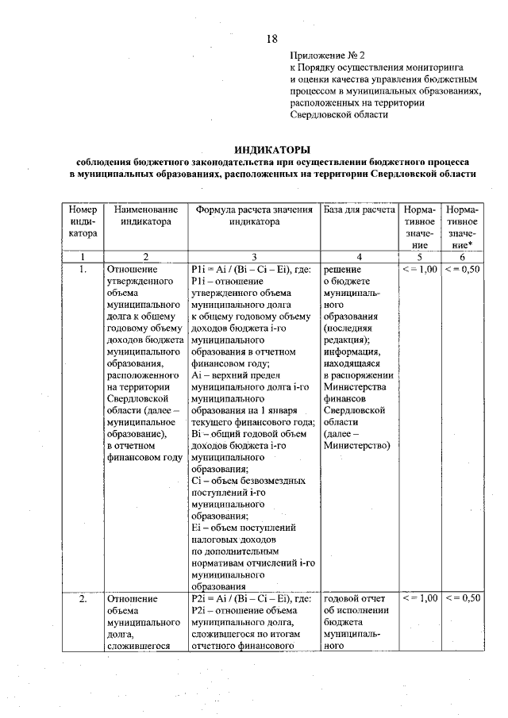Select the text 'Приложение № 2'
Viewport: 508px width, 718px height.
click(326, 56)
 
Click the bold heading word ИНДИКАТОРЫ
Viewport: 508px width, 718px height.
click(272, 149)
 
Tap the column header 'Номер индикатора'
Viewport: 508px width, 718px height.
click(83, 222)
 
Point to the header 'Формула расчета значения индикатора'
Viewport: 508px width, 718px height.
click(254, 216)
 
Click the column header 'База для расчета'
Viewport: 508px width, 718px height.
click(359, 210)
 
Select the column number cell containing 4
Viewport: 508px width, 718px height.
click(359, 256)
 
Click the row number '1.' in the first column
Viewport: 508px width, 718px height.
click(83, 270)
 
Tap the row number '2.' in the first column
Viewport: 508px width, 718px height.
click(83, 598)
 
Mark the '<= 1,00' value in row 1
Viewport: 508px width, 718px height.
click(419, 270)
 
